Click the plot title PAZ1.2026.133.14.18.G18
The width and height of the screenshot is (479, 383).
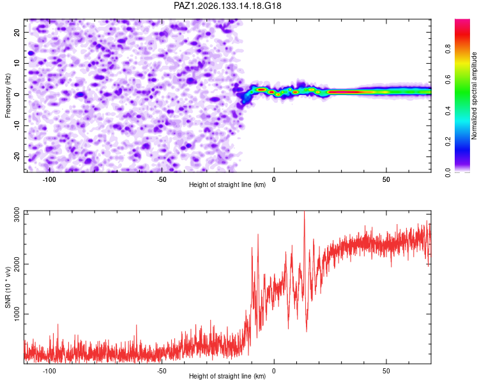[227, 6]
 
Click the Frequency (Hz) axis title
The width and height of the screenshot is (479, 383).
[8, 95]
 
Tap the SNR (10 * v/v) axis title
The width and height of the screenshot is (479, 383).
[8, 287]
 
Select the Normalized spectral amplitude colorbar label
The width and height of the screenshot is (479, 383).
[474, 96]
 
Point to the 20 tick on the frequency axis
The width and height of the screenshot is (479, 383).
[17, 32]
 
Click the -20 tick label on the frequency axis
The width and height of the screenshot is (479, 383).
[17, 156]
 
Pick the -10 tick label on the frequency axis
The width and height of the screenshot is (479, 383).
[17, 126]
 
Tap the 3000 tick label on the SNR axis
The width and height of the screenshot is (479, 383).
[17, 214]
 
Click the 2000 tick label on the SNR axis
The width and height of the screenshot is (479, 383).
[17, 264]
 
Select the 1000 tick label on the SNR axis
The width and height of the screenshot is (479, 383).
[17, 314]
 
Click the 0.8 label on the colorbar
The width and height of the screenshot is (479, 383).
[448, 49]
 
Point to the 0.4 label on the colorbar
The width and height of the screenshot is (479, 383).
[448, 111]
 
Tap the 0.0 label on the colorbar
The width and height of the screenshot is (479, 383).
[448, 173]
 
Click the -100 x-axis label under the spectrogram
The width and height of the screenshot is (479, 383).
[49, 179]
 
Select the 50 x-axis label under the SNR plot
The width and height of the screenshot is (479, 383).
[386, 371]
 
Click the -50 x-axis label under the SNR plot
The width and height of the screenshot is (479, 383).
[162, 371]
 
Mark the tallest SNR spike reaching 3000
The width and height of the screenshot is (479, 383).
[304, 211]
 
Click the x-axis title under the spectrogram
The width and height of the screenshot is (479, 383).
[227, 184]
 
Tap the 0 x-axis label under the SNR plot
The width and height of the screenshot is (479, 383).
[274, 371]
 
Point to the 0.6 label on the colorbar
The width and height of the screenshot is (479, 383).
[448, 80]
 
